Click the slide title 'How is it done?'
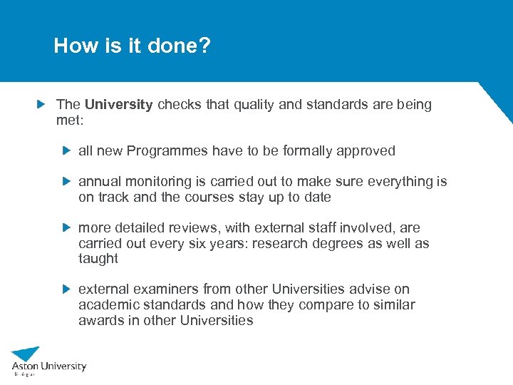pyautogui.click(x=132, y=46)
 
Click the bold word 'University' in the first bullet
pyautogui.click(x=118, y=105)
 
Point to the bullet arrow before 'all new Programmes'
pyautogui.click(x=66, y=150)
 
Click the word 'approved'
pyautogui.click(x=367, y=150)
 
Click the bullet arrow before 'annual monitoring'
pyautogui.click(x=66, y=182)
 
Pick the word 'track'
pyautogui.click(x=114, y=197)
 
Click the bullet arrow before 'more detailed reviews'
pyautogui.click(x=66, y=227)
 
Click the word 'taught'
pyautogui.click(x=98, y=259)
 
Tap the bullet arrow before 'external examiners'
pyautogui.click(x=66, y=289)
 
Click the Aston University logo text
pyautogui.click(x=48, y=366)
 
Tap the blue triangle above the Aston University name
pyautogui.click(x=26, y=354)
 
